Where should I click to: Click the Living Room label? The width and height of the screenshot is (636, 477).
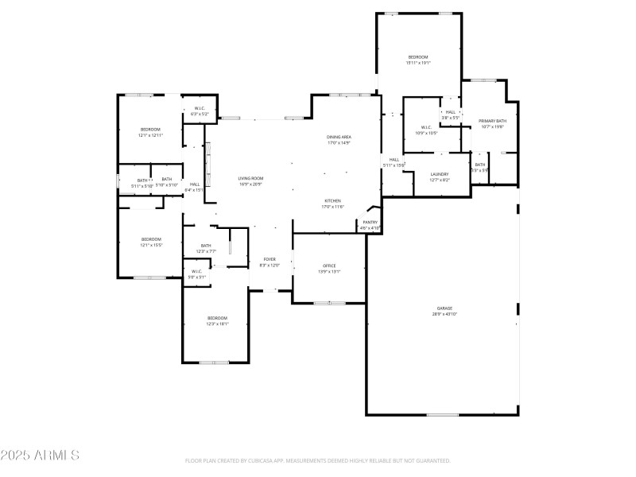point(250,178)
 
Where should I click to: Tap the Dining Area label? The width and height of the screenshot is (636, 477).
point(339,138)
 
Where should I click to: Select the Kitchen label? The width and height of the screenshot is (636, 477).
point(332,200)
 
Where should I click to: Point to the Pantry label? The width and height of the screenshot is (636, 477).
point(370,223)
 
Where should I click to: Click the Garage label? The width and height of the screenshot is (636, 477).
point(444,308)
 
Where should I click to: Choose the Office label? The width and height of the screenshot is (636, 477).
point(329,266)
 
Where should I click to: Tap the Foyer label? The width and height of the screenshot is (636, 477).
point(270,259)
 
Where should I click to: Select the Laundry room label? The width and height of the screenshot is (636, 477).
point(440,174)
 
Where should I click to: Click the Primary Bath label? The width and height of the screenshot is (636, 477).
point(492,122)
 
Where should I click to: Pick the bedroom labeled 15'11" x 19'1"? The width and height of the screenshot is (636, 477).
point(418,57)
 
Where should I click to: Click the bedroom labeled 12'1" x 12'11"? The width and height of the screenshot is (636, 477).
point(150,130)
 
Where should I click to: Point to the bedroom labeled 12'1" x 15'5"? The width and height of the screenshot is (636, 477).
point(151,239)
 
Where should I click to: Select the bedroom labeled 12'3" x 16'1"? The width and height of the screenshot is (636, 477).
point(217,318)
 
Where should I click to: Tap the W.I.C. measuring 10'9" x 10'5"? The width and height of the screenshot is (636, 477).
point(426,127)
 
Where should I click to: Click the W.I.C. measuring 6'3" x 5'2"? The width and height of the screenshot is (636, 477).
point(200,109)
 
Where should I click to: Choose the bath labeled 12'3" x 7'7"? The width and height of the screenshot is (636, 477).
point(206,246)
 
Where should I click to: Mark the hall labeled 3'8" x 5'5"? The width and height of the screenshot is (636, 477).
point(450,112)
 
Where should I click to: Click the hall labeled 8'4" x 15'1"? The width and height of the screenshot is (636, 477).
point(195,184)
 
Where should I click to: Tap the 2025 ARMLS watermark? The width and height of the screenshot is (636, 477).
point(40,456)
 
